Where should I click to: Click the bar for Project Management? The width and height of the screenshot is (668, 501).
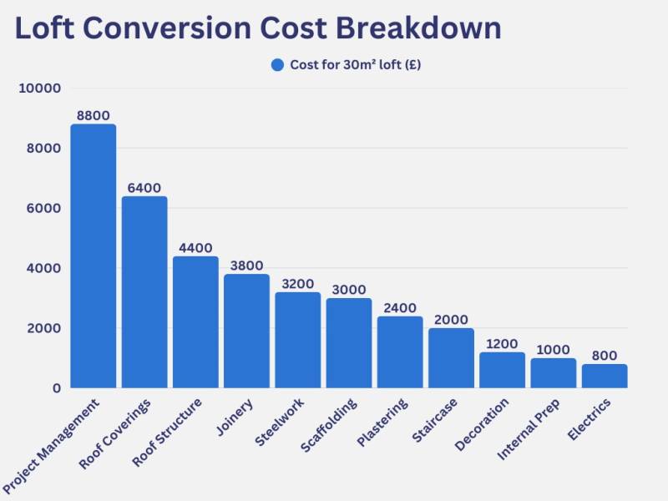pyautogui.click(x=94, y=256)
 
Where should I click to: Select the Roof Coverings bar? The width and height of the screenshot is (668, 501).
pyautogui.click(x=144, y=292)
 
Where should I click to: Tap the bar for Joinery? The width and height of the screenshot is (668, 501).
pyautogui.click(x=246, y=331)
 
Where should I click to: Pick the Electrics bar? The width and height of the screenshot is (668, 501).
pyautogui.click(x=605, y=376)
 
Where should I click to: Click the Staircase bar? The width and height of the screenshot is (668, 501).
pyautogui.click(x=451, y=358)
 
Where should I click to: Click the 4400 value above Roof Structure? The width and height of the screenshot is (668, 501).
pyautogui.click(x=195, y=248)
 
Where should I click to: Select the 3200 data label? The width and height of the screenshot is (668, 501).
pyautogui.click(x=297, y=284)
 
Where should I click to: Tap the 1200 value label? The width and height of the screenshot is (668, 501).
pyautogui.click(x=502, y=344)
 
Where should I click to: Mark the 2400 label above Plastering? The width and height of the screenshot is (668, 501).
pyautogui.click(x=400, y=308)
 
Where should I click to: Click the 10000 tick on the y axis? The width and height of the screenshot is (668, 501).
pyautogui.click(x=40, y=89)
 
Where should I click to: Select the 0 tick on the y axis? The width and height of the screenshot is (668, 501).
pyautogui.click(x=56, y=388)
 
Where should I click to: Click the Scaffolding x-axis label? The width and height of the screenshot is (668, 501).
pyautogui.click(x=329, y=425)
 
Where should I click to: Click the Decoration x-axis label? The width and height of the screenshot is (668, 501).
pyautogui.click(x=482, y=425)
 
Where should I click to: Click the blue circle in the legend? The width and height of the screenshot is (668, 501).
pyautogui.click(x=278, y=65)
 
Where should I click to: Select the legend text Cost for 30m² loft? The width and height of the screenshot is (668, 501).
pyautogui.click(x=355, y=65)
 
